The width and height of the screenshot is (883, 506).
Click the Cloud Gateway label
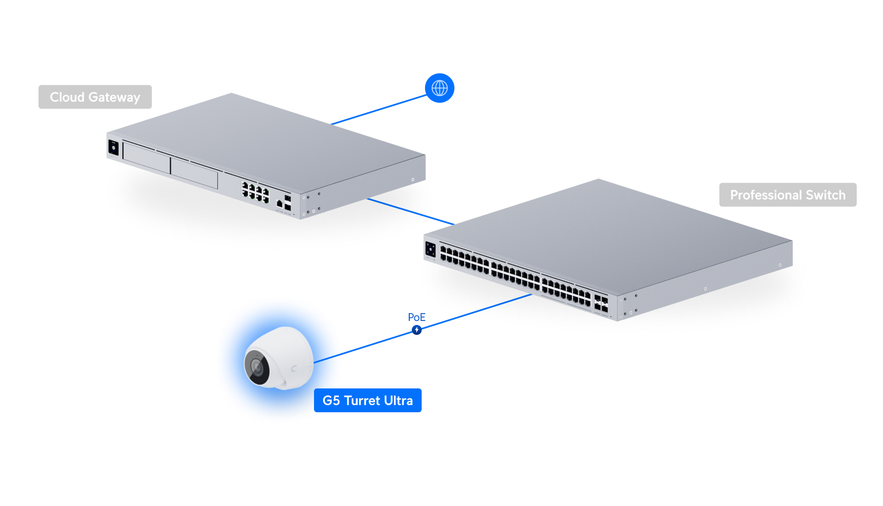click(x=95, y=97)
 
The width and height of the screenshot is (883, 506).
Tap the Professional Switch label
click(x=787, y=195)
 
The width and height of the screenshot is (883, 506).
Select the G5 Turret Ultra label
click(x=368, y=400)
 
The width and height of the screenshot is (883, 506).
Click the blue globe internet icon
click(x=440, y=88)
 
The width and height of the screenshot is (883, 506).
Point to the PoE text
click(x=417, y=317)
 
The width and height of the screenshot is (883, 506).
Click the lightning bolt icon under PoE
click(x=417, y=330)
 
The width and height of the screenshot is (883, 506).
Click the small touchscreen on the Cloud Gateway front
click(x=114, y=148)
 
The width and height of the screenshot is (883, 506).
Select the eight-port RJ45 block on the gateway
click(x=255, y=192)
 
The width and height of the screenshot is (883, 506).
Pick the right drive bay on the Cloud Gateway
click(x=194, y=173)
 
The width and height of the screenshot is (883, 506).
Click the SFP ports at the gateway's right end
click(x=287, y=203)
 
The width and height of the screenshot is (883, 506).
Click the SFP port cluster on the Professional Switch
click(x=601, y=304)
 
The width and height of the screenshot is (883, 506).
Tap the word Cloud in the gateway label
click(x=67, y=97)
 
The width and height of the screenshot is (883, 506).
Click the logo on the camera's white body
click(x=294, y=368)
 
